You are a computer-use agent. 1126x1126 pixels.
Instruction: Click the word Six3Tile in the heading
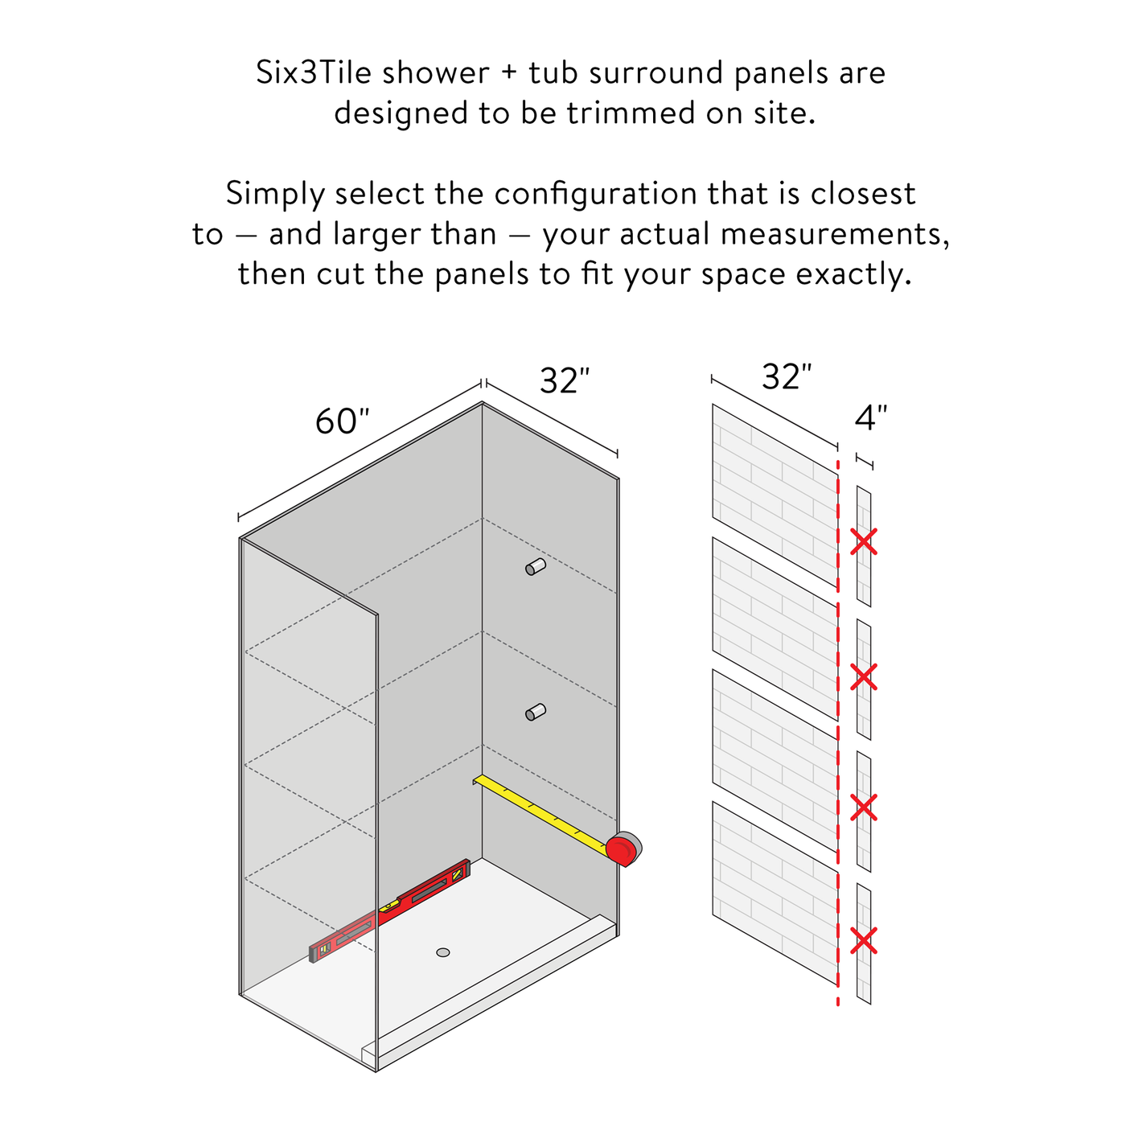coord(314,73)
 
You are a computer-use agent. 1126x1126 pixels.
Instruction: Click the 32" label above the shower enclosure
coord(565,380)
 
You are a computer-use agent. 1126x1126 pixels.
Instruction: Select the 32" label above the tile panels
coord(787,376)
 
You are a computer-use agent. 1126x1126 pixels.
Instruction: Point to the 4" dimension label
coord(871,417)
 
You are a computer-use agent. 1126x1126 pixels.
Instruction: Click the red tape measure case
coord(623,849)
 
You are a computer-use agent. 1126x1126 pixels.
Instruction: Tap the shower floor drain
coord(443,952)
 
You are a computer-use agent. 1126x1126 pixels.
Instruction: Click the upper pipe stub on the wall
coord(535,567)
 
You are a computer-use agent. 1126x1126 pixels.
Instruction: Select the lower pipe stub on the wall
coord(535,712)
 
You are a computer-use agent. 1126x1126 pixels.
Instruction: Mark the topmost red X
coord(864,541)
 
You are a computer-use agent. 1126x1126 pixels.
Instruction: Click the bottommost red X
coord(864,941)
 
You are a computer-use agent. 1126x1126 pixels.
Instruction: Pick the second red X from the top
coord(864,676)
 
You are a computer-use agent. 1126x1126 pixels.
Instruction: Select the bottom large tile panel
coord(775,894)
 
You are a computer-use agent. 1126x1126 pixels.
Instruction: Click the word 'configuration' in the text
coord(595,194)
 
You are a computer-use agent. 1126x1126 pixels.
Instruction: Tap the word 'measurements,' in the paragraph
coord(835,235)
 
